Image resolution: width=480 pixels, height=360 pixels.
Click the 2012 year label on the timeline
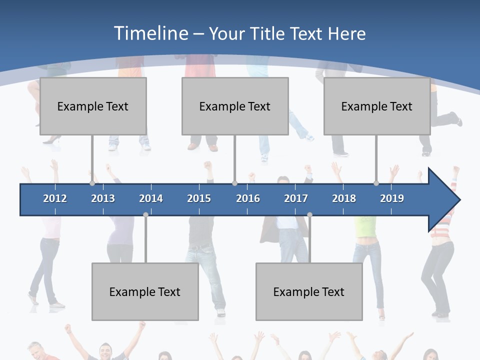(55, 198)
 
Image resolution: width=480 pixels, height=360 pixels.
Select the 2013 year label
(103, 198)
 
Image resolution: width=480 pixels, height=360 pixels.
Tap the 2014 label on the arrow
(151, 198)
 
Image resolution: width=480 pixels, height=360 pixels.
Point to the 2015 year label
(199, 198)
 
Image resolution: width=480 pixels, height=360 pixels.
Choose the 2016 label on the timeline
(248, 198)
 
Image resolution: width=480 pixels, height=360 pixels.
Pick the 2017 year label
(296, 198)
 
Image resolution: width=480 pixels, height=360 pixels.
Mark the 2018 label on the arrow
(344, 198)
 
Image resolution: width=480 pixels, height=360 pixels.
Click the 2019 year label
(392, 198)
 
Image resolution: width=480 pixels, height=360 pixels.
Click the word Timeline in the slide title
(150, 33)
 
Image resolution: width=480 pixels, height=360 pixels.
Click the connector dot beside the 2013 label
(92, 183)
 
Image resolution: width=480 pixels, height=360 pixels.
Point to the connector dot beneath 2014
(145, 215)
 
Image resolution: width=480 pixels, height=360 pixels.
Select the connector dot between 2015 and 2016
(234, 183)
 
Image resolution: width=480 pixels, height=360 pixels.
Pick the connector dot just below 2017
(309, 215)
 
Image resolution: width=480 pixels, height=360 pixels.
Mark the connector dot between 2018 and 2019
(376, 183)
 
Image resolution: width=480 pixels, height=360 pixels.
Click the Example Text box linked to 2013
(93, 106)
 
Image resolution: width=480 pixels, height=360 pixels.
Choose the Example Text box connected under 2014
(145, 291)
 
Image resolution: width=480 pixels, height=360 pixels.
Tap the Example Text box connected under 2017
(309, 291)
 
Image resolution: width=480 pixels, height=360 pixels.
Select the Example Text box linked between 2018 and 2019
(377, 106)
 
